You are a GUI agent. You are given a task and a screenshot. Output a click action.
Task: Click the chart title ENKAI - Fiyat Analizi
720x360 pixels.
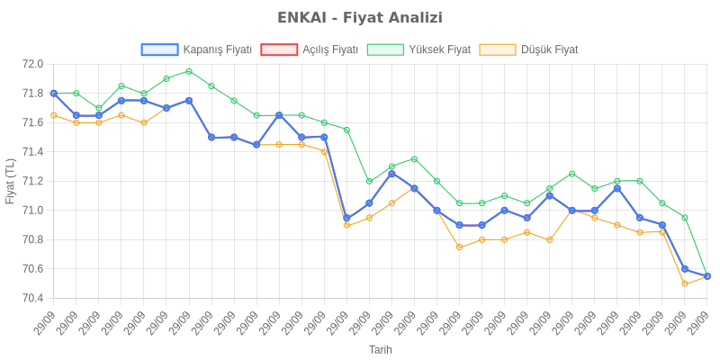tap(360, 18)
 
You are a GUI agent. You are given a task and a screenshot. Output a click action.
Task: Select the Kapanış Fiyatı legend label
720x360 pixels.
tap(217, 50)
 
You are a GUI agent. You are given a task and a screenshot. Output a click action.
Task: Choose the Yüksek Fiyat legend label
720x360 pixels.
tap(439, 50)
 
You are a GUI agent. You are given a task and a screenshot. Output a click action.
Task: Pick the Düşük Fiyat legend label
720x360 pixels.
tap(549, 50)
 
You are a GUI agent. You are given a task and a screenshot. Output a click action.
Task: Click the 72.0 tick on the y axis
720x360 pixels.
tap(32, 64)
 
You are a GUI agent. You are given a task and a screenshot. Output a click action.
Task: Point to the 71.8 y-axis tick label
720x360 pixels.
tap(32, 94)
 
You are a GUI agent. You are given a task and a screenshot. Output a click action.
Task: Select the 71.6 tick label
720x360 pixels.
tap(32, 122)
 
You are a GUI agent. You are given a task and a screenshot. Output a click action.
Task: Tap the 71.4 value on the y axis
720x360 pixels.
tap(32, 152)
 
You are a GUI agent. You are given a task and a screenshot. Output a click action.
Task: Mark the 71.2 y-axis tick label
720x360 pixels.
tap(32, 181)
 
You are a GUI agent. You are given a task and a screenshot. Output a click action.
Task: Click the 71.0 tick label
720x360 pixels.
tap(32, 211)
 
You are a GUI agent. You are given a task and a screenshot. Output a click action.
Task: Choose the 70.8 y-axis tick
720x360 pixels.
tap(32, 239)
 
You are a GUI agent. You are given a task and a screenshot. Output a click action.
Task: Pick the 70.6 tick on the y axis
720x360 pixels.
tap(32, 269)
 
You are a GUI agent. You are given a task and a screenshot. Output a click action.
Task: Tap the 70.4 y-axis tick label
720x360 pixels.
tap(32, 298)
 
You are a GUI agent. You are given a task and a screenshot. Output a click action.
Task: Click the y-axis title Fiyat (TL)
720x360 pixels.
tap(10, 181)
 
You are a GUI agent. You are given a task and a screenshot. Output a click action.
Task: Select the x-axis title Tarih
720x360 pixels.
tap(380, 349)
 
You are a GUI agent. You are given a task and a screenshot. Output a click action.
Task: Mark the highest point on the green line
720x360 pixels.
tap(188, 71)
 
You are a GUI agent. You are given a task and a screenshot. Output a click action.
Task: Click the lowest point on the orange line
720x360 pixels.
tap(685, 283)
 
